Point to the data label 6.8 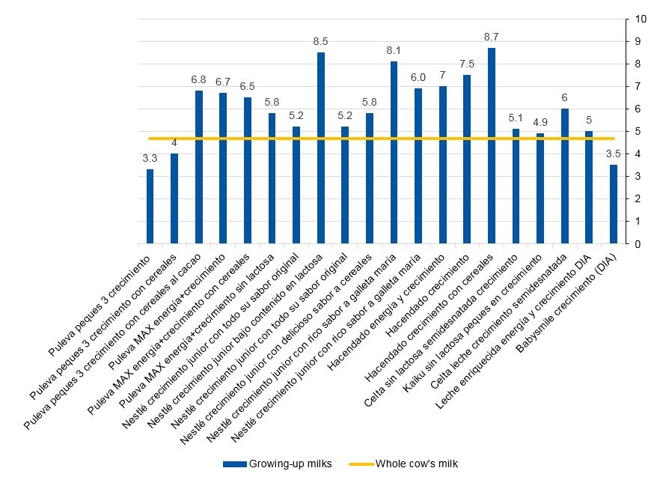pos(199,79)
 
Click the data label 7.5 pos(467,64)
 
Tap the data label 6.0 pos(418,77)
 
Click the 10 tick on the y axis pos(641,19)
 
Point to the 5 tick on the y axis pos(637,131)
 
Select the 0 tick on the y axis pos(637,243)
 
